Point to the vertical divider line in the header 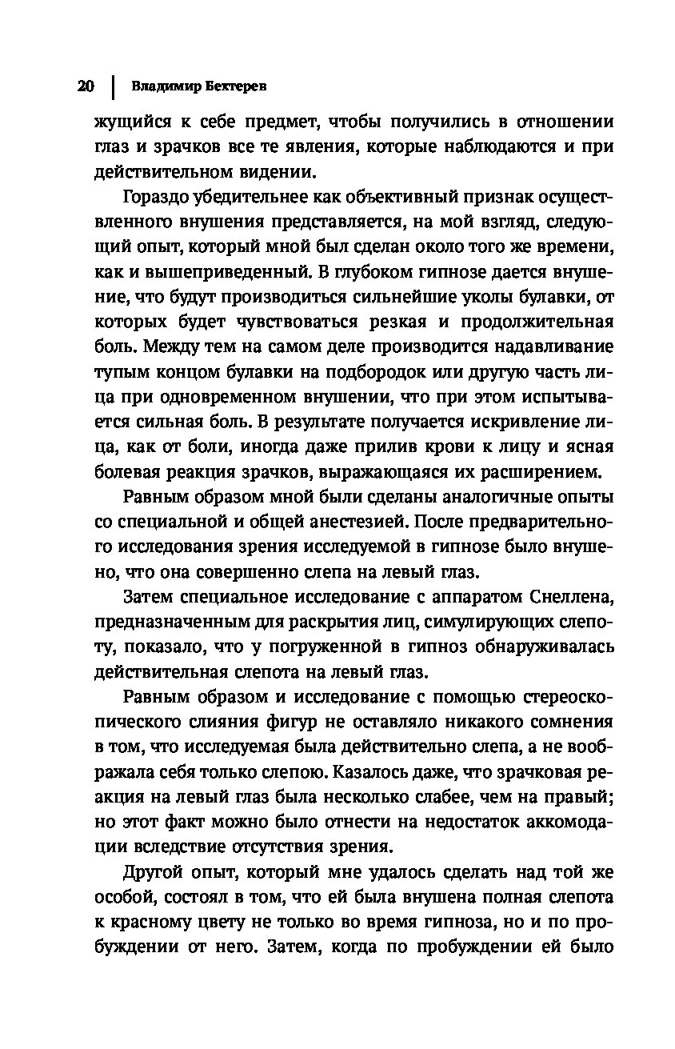tap(113, 86)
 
